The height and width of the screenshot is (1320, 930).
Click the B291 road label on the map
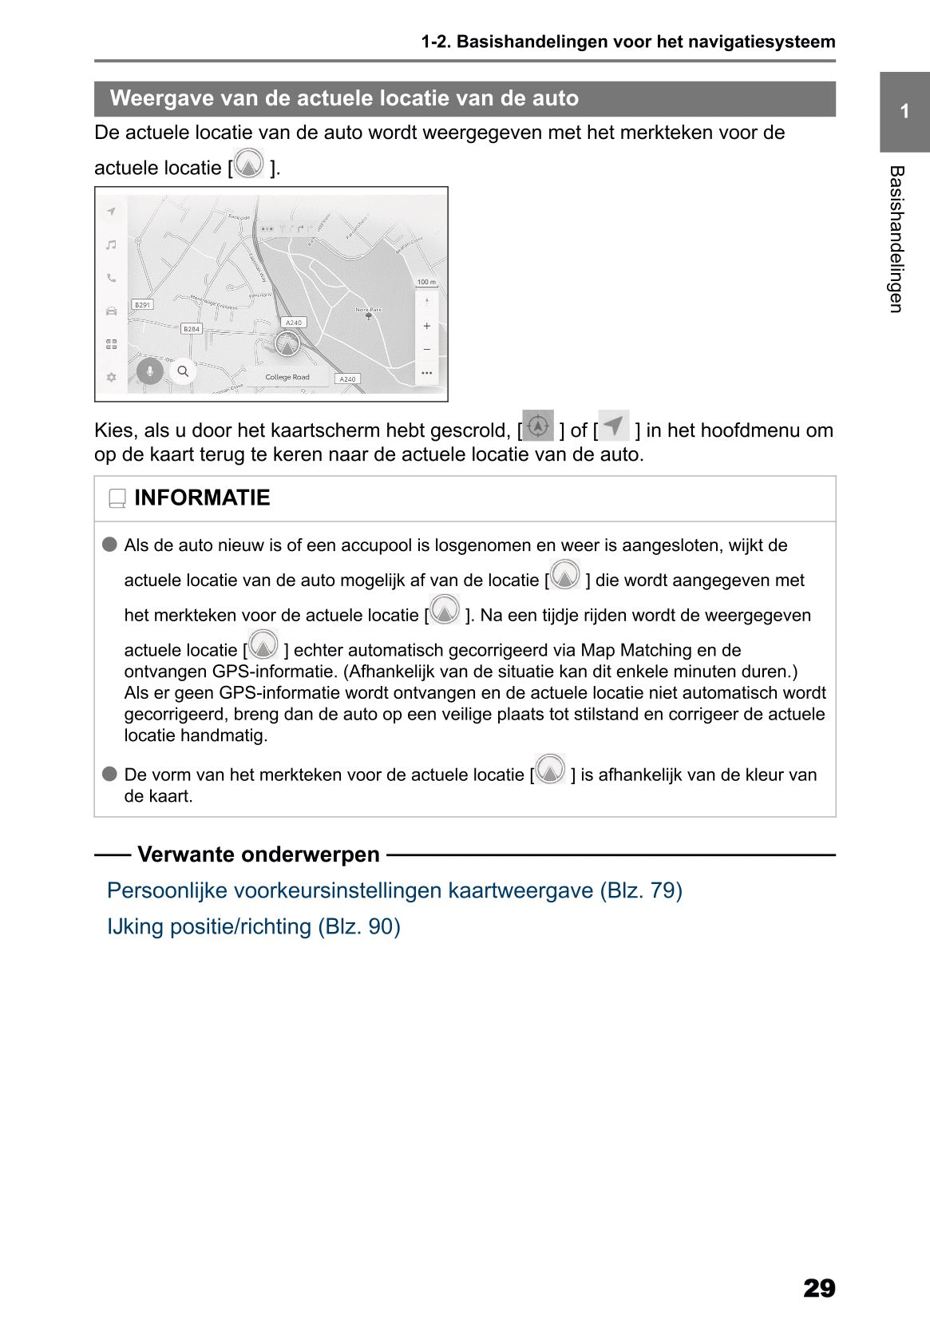click(x=142, y=305)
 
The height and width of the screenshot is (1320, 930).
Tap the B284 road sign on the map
click(x=192, y=329)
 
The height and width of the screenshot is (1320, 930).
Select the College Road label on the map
click(x=287, y=377)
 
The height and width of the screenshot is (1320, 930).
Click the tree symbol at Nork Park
click(x=369, y=316)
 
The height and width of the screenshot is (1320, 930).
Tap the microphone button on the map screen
click(x=149, y=371)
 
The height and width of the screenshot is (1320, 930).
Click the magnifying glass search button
click(x=183, y=371)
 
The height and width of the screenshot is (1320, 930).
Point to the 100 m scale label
click(x=426, y=282)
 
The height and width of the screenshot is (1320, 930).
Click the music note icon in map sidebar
click(x=112, y=245)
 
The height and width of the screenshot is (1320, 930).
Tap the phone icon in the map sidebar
click(x=112, y=278)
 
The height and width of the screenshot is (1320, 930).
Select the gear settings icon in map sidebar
click(x=112, y=377)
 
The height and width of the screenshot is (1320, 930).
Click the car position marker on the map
click(x=287, y=343)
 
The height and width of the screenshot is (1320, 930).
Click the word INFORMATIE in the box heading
click(x=202, y=498)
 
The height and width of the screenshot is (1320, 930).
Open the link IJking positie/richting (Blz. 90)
click(x=254, y=926)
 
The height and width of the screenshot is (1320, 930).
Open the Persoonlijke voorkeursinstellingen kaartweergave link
click(x=394, y=890)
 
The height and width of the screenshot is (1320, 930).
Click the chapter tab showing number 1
click(x=904, y=112)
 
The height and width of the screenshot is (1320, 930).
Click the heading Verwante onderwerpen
click(x=259, y=854)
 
